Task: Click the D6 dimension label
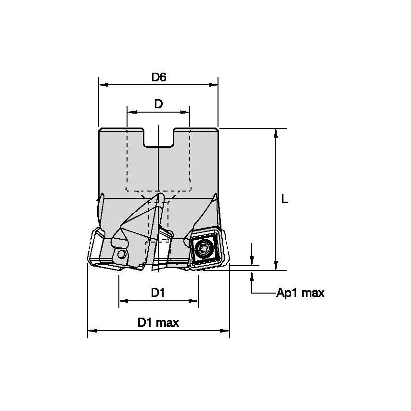click(159, 77)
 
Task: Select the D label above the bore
click(158, 104)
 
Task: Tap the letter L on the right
click(285, 199)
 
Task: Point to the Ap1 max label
click(300, 293)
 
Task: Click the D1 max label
click(158, 322)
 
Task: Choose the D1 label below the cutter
click(158, 293)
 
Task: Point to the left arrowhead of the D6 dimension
click(102, 85)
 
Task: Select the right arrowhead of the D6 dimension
click(214, 85)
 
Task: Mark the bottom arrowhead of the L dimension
click(276, 267)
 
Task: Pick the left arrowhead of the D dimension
click(130, 112)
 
